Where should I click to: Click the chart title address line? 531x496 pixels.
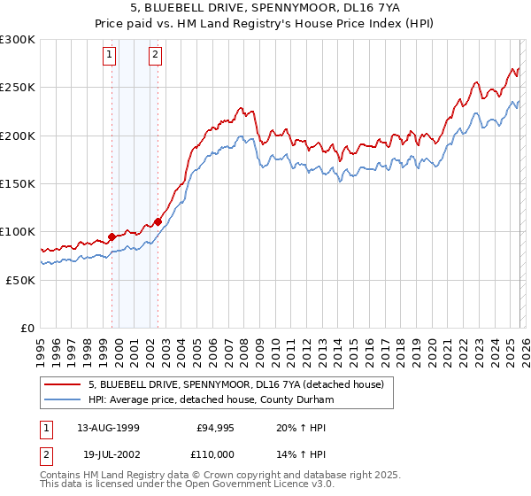click(x=265, y=8)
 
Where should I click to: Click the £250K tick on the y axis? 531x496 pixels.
click(x=18, y=88)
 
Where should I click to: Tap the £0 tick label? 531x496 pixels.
click(x=27, y=328)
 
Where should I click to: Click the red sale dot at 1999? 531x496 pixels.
click(x=112, y=236)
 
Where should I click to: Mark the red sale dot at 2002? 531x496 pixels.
click(x=158, y=221)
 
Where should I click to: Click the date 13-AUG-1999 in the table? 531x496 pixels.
click(x=108, y=428)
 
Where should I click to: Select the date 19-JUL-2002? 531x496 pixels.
click(x=108, y=453)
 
